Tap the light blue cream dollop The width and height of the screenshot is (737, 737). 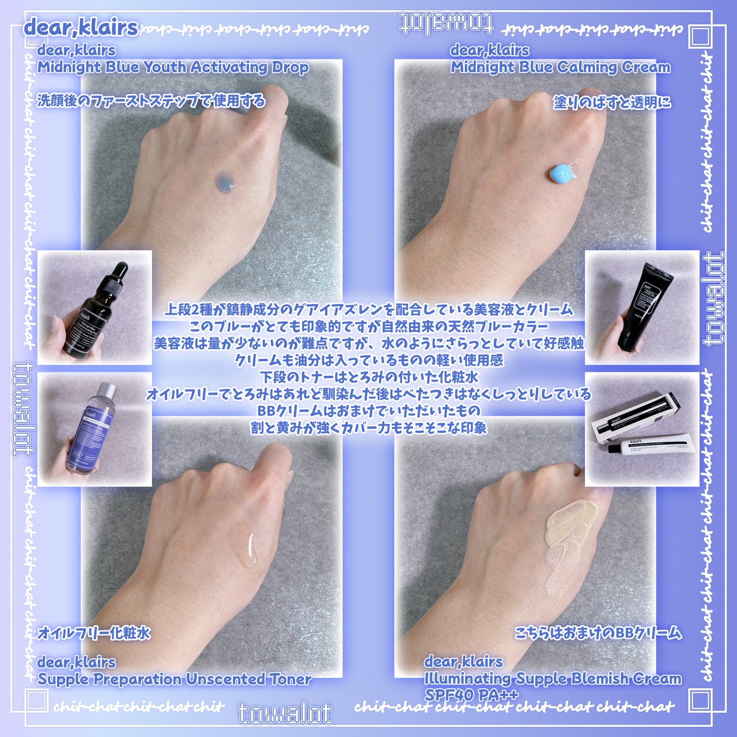coord(562,173)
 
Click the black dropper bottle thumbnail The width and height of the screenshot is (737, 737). coord(95,307)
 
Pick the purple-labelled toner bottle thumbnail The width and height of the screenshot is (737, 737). coord(95,429)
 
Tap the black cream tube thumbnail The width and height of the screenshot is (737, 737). coord(642,307)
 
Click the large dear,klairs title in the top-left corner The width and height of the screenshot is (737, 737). coord(81,27)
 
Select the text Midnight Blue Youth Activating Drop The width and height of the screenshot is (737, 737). coord(173,67)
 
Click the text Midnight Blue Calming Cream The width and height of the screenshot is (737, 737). coord(560,67)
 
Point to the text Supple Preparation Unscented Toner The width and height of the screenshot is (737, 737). coord(174,679)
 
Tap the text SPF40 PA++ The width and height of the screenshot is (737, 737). coord(471,694)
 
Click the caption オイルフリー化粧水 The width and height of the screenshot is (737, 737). coord(94,633)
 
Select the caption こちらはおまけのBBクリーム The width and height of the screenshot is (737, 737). coord(598,632)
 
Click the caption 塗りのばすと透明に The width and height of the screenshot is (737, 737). coord(612,102)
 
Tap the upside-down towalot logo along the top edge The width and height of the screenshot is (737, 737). coord(446,23)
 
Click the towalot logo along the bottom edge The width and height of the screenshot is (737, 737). coord(285,714)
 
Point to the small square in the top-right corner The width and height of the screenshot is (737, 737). coord(700,37)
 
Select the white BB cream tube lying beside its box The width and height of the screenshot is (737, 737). coord(647,445)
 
